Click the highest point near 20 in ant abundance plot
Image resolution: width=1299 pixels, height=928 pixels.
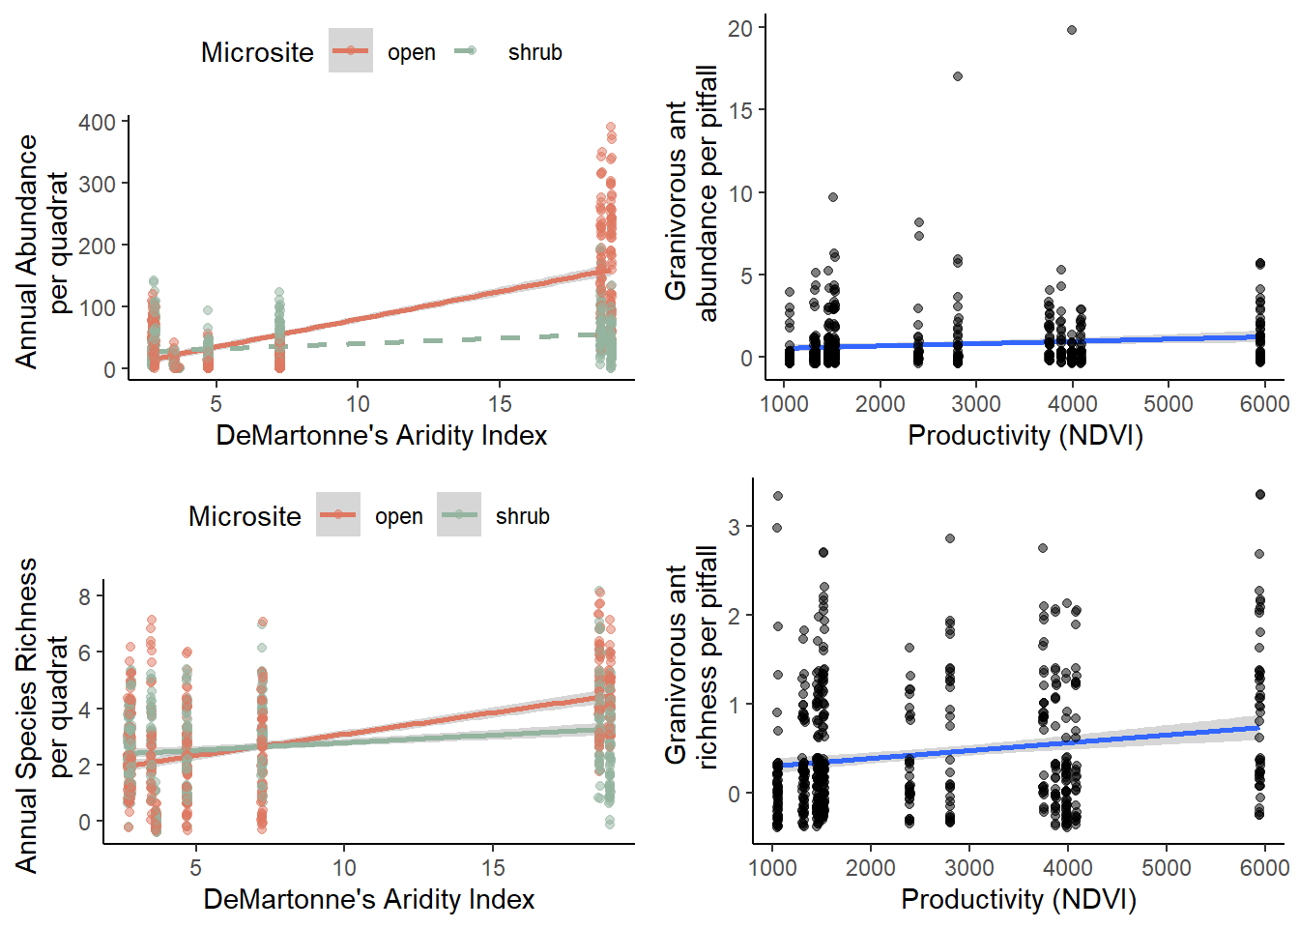[x=1072, y=30]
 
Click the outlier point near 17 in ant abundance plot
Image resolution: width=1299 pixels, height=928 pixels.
[x=958, y=76]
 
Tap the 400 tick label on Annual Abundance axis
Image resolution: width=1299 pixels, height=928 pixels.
[x=97, y=123]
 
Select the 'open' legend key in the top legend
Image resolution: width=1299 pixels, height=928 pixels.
[x=351, y=51]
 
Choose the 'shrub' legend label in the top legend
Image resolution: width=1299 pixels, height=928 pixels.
[x=534, y=52]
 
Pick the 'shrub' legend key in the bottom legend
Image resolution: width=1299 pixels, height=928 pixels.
[x=459, y=515]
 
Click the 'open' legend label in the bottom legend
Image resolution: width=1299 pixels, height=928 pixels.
[x=399, y=516]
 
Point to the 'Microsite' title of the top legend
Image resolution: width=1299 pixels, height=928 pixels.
[x=257, y=52]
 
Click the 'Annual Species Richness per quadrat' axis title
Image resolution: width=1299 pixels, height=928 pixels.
[x=43, y=715]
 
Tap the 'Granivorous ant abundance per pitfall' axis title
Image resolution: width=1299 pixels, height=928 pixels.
[x=691, y=193]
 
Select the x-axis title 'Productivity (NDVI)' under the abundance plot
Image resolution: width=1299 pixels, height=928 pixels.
[x=1025, y=436]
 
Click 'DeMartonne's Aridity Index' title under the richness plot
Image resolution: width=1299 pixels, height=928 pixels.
[x=368, y=900]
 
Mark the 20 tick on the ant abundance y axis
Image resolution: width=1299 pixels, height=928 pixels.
[x=740, y=28]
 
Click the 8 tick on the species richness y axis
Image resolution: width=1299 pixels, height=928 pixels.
[x=85, y=596]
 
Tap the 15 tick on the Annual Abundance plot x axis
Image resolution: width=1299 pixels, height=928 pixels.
[x=500, y=403]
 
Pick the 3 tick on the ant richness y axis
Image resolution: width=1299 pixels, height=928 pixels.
[x=736, y=527]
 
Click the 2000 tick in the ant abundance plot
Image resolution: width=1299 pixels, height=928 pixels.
[x=880, y=403]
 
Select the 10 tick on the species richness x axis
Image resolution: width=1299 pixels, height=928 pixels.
[x=344, y=867]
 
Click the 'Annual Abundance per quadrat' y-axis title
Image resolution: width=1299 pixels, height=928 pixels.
[x=43, y=251]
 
